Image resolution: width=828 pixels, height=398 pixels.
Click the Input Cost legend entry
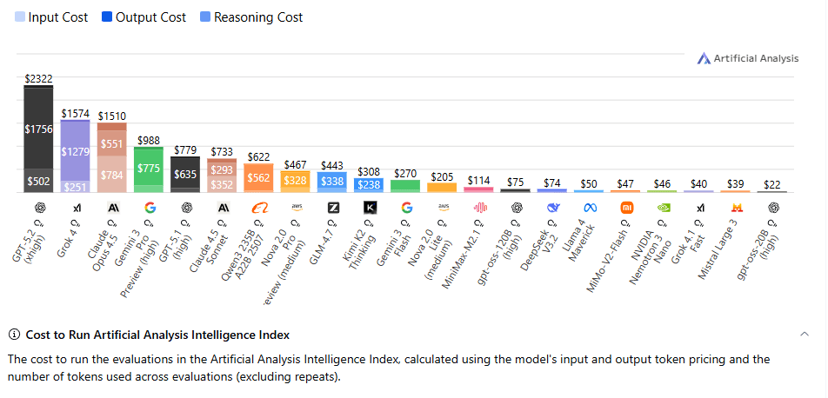(51, 17)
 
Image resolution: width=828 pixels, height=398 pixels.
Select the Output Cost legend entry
(144, 17)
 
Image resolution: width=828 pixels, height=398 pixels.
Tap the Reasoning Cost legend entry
(250, 17)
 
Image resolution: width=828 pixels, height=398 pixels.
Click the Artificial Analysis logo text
(755, 58)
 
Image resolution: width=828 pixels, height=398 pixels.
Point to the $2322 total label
(38, 78)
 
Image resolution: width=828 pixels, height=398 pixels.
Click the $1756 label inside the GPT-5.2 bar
(38, 129)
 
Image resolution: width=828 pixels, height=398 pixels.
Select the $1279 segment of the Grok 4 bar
(75, 152)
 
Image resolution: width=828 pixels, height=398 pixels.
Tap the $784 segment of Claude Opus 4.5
(111, 174)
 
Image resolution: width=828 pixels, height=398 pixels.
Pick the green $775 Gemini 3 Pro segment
(149, 168)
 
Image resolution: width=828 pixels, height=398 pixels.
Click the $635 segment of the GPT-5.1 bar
(185, 174)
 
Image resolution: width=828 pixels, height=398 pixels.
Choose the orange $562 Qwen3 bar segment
(258, 177)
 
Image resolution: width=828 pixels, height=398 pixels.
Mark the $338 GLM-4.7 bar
(332, 182)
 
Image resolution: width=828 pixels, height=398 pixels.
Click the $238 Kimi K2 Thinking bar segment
(369, 184)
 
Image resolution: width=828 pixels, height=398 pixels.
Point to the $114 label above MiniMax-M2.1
(479, 180)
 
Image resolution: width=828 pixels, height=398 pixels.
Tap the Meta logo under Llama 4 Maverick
(590, 208)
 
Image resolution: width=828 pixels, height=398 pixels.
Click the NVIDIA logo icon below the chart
(663, 208)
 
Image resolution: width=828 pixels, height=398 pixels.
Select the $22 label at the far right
(773, 184)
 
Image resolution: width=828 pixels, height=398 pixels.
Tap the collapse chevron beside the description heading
(805, 335)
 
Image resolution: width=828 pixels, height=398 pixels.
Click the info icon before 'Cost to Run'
(14, 335)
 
